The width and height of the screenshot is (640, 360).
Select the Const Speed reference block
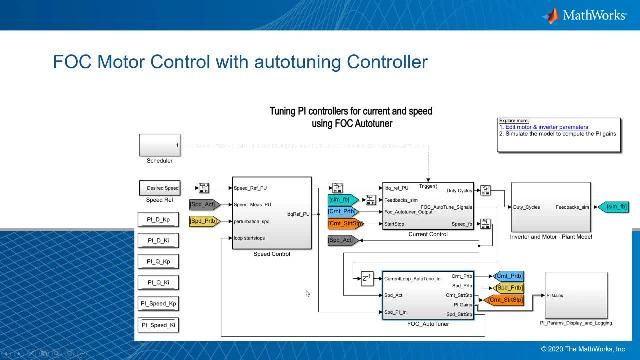[x=159, y=188]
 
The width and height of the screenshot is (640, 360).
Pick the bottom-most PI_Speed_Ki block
[x=159, y=325]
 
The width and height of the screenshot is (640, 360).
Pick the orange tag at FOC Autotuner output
[x=508, y=300]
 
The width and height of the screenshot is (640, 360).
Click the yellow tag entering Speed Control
[x=203, y=219]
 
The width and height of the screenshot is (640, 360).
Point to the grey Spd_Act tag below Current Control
[x=342, y=240]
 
